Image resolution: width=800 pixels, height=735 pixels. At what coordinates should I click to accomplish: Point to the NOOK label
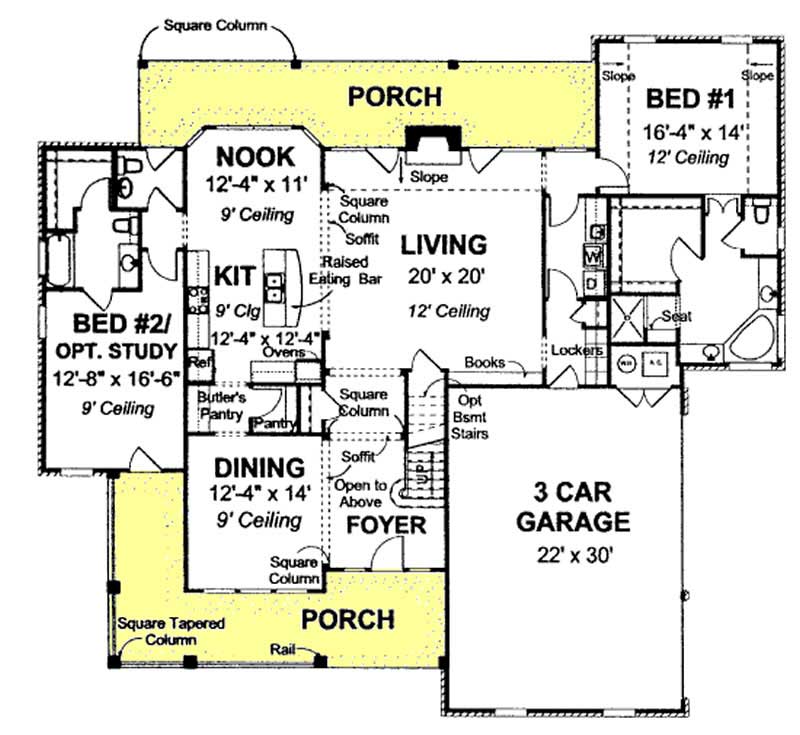[254, 156]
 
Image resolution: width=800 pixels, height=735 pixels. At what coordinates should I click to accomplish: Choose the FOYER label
[386, 526]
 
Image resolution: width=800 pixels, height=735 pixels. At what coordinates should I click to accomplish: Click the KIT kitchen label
[237, 275]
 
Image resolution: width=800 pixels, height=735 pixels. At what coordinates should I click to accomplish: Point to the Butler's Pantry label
[215, 402]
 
